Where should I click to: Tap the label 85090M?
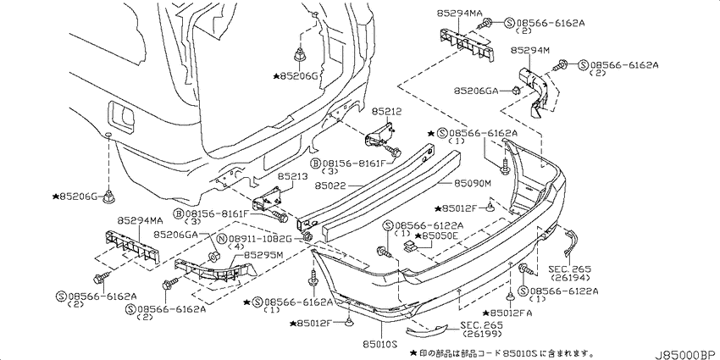click(473, 184)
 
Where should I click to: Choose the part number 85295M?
click(263, 254)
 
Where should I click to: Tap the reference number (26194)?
click(570, 277)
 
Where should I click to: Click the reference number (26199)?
click(482, 334)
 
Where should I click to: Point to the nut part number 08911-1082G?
click(261, 238)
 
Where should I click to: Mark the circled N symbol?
click(222, 239)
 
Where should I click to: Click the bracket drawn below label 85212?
click(380, 136)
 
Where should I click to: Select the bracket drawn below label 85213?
click(268, 200)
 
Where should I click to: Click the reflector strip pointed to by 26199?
click(426, 330)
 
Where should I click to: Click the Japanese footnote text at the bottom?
click(500, 352)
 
